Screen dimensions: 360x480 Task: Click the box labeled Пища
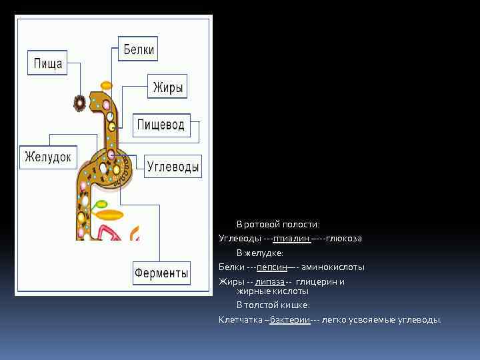click(x=48, y=64)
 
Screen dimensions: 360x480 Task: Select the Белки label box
click(x=139, y=49)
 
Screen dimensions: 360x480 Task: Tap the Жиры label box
click(x=168, y=87)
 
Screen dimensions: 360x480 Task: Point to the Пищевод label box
click(x=161, y=125)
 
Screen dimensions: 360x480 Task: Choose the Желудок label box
click(x=48, y=157)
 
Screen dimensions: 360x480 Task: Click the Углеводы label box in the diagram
click(x=173, y=167)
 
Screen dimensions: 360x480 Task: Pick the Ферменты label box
click(x=162, y=273)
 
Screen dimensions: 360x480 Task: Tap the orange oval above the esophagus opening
click(x=106, y=85)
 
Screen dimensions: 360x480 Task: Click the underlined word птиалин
click(x=291, y=239)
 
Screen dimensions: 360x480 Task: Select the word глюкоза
click(x=344, y=239)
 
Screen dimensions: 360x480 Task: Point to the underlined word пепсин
click(x=271, y=267)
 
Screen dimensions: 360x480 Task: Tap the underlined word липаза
click(x=269, y=281)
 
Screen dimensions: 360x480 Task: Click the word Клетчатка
click(x=241, y=320)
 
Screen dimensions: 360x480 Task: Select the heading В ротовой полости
click(x=278, y=225)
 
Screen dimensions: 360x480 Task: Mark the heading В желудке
click(x=259, y=253)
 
